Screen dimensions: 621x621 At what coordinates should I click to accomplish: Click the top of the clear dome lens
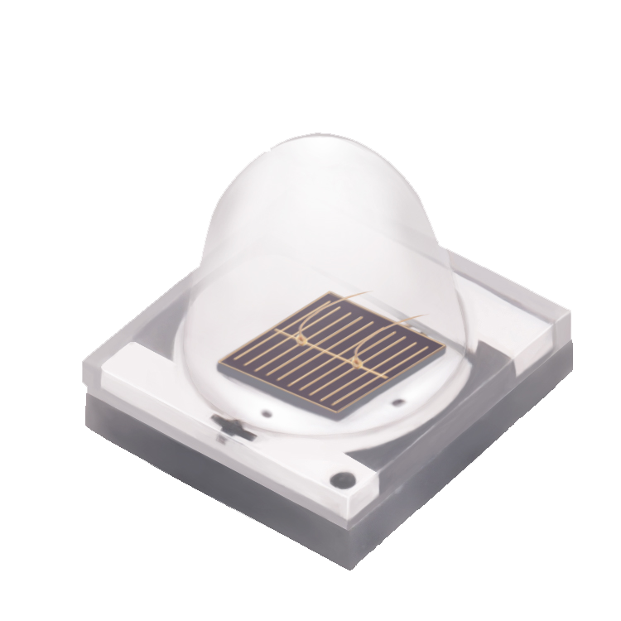[319, 149]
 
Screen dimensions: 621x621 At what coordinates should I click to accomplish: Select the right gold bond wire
[389, 327]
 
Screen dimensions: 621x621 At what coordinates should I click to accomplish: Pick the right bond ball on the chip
[359, 361]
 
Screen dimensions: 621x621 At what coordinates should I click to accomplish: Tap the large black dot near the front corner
[339, 479]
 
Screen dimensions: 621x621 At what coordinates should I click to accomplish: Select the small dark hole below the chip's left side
[266, 411]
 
